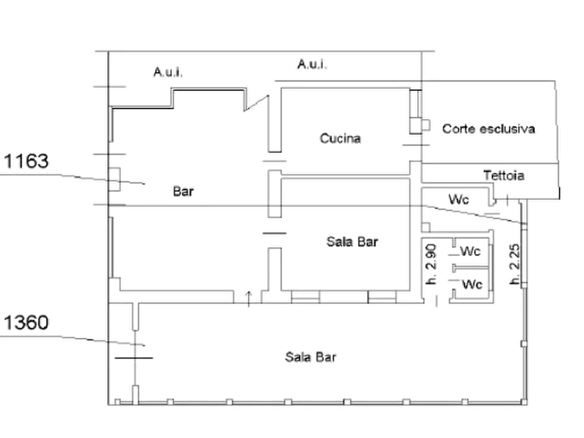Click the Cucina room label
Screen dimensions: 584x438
340,139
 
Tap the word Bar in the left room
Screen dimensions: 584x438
183,192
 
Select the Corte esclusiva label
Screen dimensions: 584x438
489,129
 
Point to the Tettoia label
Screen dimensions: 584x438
504,175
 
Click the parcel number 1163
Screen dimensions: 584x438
26,161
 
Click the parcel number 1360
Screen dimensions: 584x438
26,322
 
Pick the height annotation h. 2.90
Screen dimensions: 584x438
431,265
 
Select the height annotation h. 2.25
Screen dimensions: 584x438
515,263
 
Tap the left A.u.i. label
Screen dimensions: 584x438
168,71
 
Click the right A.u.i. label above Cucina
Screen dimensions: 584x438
312,64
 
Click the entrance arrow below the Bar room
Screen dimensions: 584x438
249,299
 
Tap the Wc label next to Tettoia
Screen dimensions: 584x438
458,199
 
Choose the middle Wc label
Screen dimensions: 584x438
470,251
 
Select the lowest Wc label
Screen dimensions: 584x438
472,284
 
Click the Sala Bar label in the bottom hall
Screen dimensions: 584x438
311,357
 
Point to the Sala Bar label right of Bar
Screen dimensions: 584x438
352,242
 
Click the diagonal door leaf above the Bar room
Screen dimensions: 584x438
256,103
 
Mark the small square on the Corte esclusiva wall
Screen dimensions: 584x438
426,125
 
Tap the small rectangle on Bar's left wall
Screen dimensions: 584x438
114,180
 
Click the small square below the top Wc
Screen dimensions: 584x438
426,227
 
